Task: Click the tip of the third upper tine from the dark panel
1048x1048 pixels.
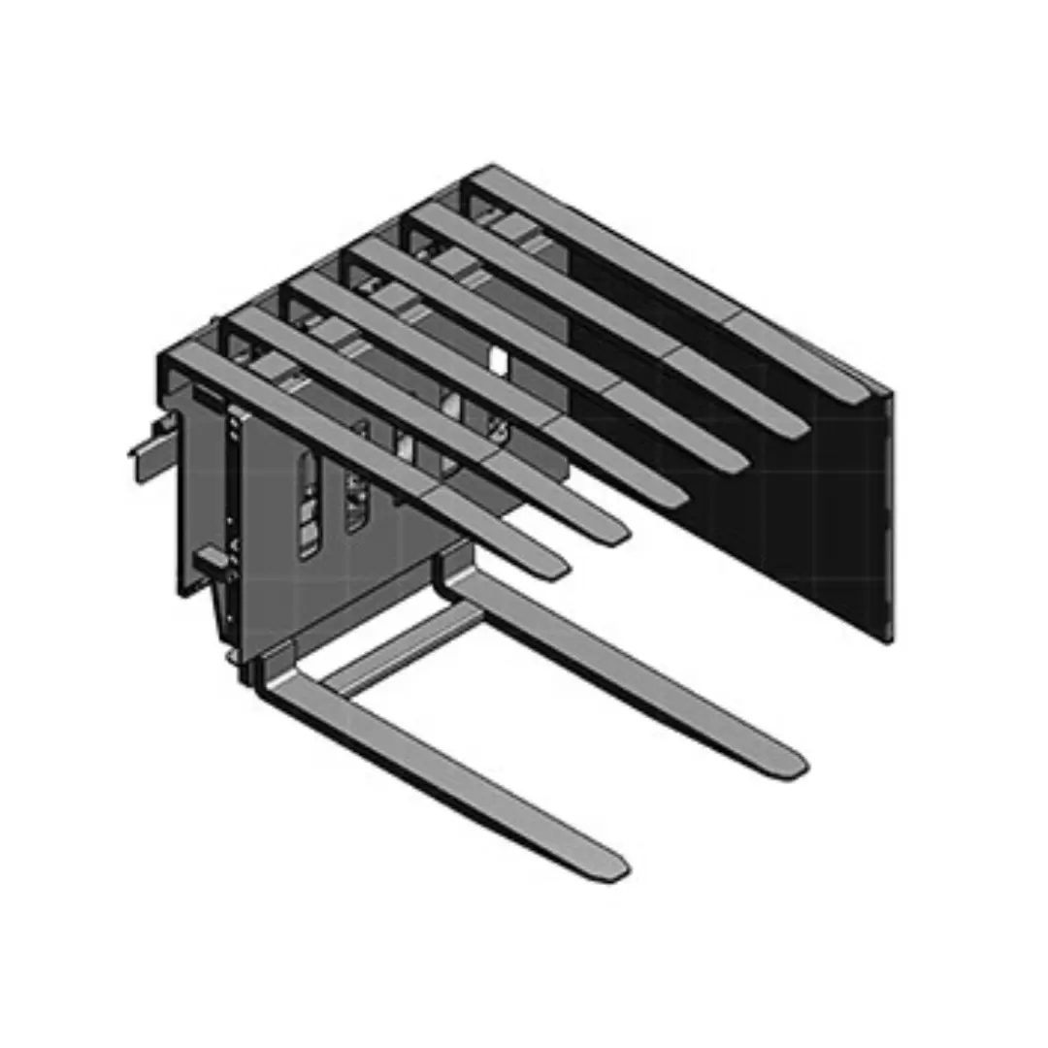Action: (736, 463)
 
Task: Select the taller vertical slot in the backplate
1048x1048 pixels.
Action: (308, 505)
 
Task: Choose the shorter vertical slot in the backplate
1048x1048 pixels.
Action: (357, 500)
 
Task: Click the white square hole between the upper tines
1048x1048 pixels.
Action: (498, 362)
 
